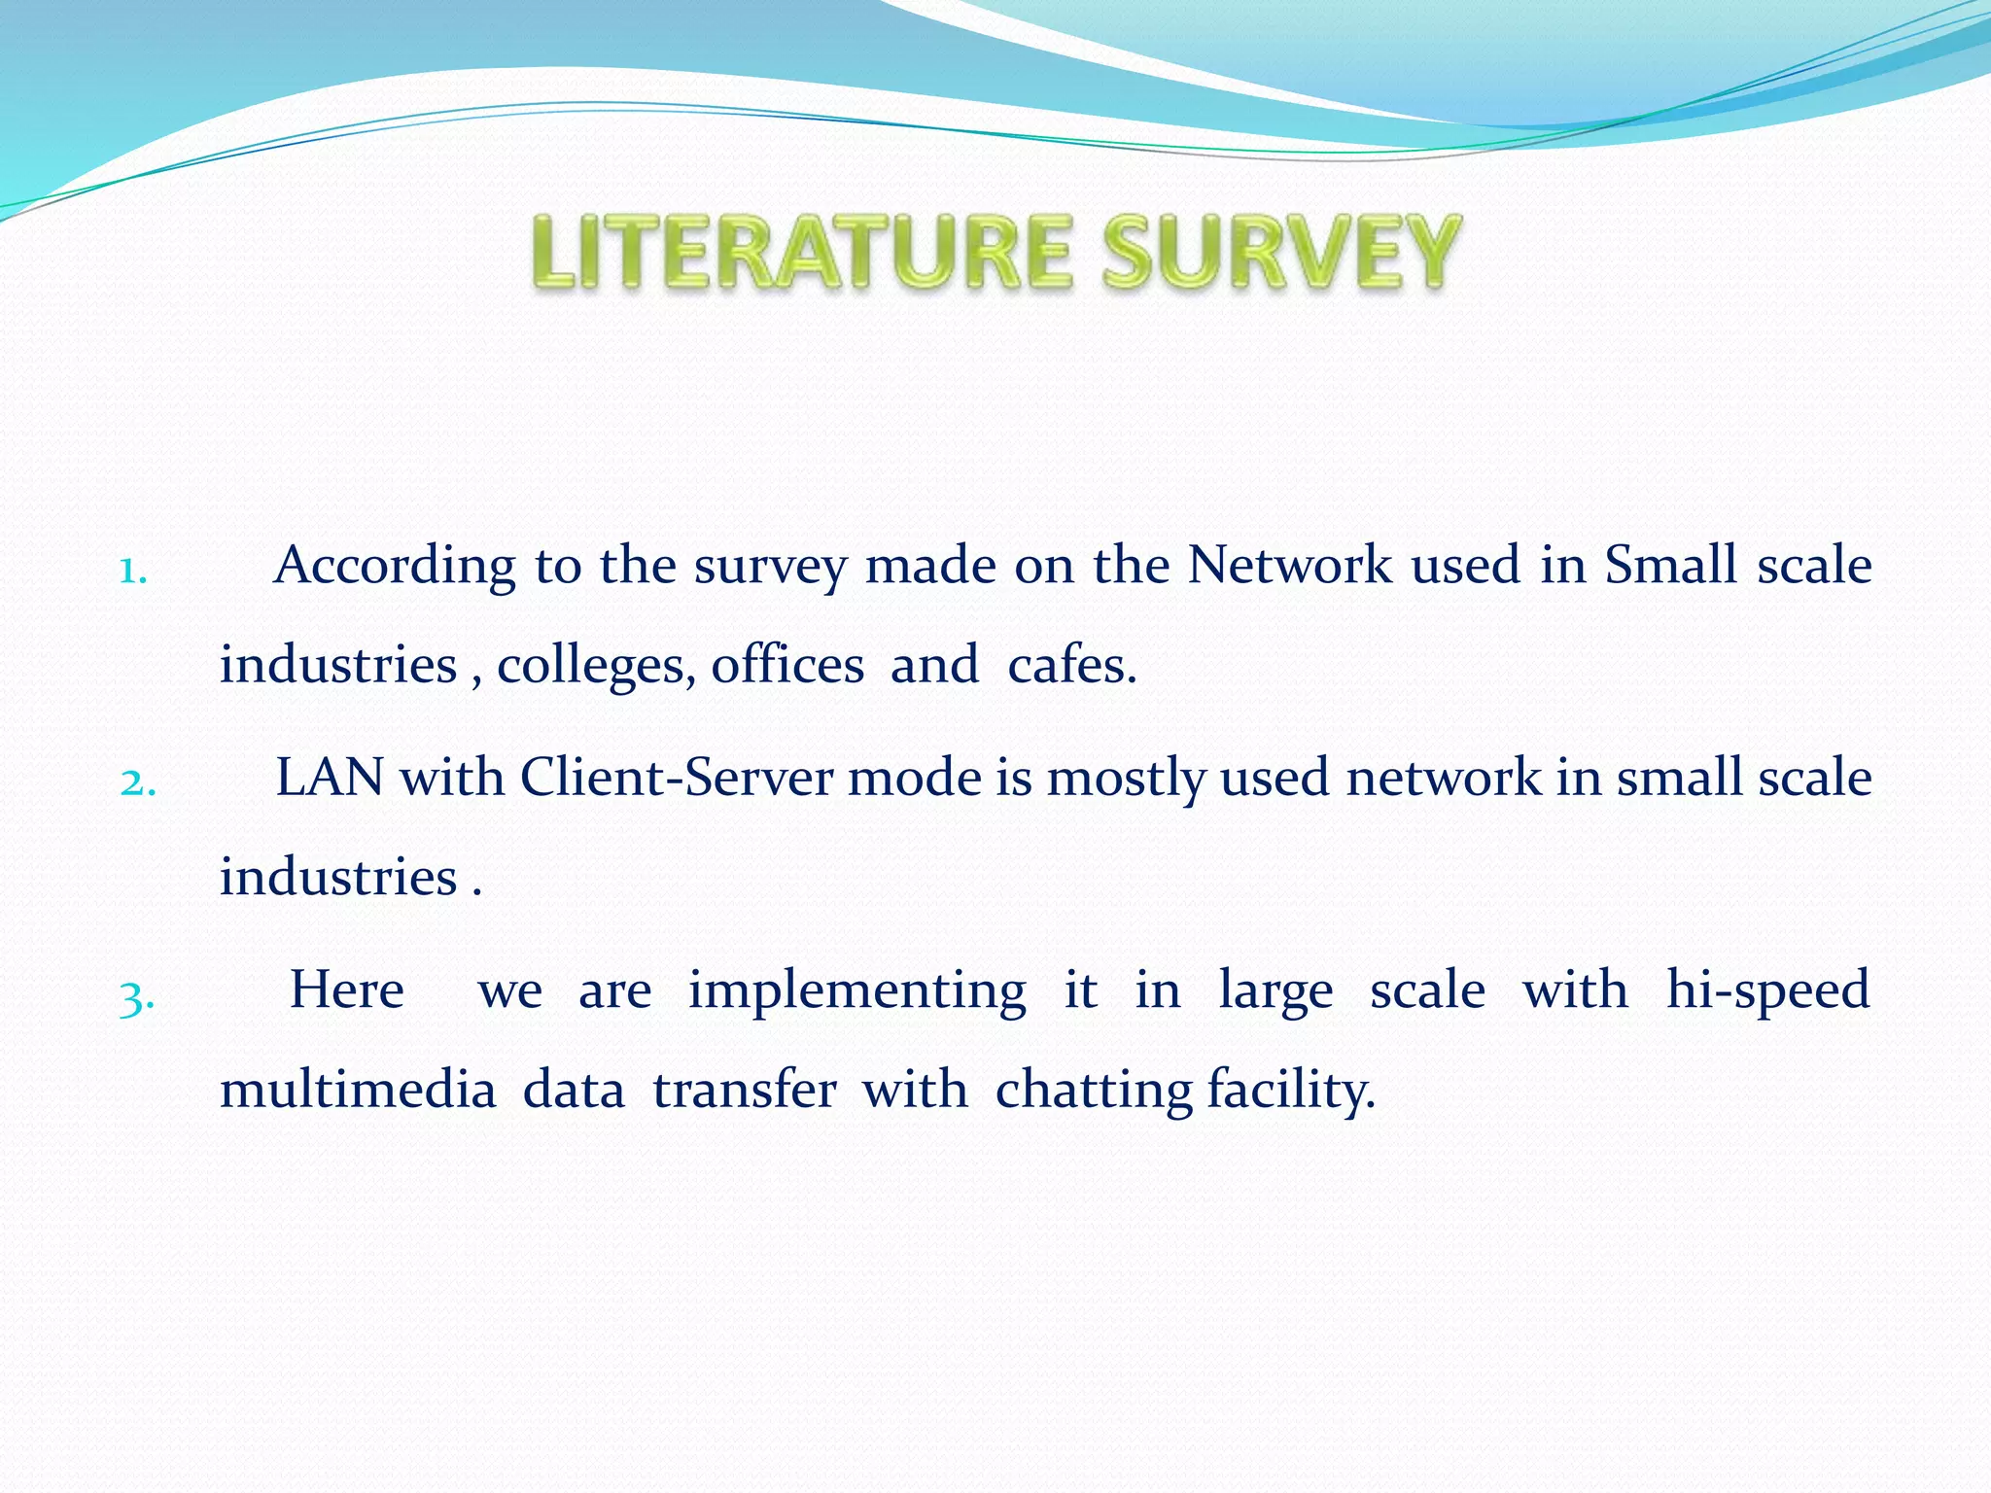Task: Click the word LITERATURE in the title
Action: pyautogui.click(x=801, y=253)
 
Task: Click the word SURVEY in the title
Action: pyautogui.click(x=1280, y=253)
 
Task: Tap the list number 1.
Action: pyautogui.click(x=132, y=572)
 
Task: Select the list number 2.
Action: pyautogui.click(x=137, y=782)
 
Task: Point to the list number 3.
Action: pyautogui.click(x=136, y=996)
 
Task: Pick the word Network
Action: pyautogui.click(x=1289, y=566)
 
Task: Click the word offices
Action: pyautogui.click(x=787, y=667)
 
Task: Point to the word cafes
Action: pyautogui.click(x=1071, y=667)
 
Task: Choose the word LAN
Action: pyautogui.click(x=330, y=779)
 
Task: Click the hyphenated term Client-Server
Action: pyautogui.click(x=677, y=779)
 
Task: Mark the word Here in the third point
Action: pyautogui.click(x=347, y=991)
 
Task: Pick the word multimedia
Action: pyautogui.click(x=358, y=1091)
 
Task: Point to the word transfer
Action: pyautogui.click(x=744, y=1091)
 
